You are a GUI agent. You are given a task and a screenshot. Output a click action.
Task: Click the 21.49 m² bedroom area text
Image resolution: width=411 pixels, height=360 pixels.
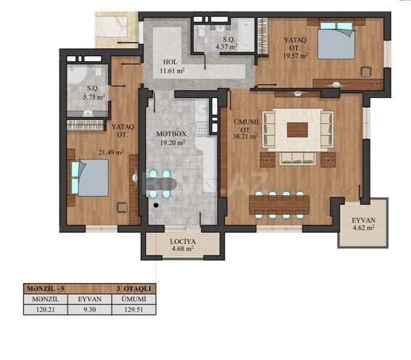110,152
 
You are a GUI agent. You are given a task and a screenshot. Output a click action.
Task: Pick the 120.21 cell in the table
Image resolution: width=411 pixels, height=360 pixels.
45,308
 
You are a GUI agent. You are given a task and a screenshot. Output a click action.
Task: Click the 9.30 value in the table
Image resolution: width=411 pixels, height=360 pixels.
89,308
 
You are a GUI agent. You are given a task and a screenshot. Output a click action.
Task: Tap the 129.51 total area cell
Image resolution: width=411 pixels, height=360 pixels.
134,308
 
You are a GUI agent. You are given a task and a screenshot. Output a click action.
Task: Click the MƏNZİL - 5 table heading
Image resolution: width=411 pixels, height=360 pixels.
46,288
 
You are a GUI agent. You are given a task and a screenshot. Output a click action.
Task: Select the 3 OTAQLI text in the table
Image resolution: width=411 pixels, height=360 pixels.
132,288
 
